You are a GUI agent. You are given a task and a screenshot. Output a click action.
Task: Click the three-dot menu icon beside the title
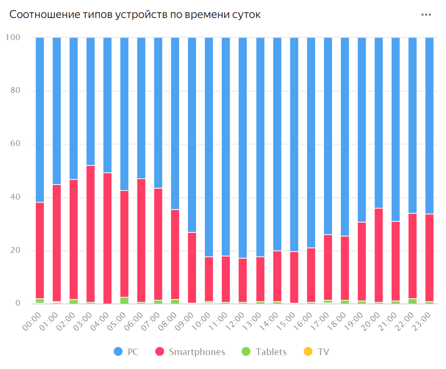(426, 15)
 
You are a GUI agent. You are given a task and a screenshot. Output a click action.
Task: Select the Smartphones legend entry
(190, 352)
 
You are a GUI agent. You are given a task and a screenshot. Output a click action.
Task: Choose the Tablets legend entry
(264, 352)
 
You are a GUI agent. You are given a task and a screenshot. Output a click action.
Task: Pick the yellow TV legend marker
(309, 352)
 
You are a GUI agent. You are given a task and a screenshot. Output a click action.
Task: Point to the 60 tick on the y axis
(15, 144)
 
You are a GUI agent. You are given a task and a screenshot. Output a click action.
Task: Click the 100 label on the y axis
(13, 37)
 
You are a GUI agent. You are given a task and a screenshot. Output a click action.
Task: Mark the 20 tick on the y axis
(15, 251)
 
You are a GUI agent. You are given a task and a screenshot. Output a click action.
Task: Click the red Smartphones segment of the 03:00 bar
(90, 233)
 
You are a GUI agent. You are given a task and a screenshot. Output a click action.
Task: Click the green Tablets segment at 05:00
(124, 300)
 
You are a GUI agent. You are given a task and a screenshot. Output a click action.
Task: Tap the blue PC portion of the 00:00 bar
(40, 119)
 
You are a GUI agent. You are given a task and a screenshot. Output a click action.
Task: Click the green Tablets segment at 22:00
(412, 301)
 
